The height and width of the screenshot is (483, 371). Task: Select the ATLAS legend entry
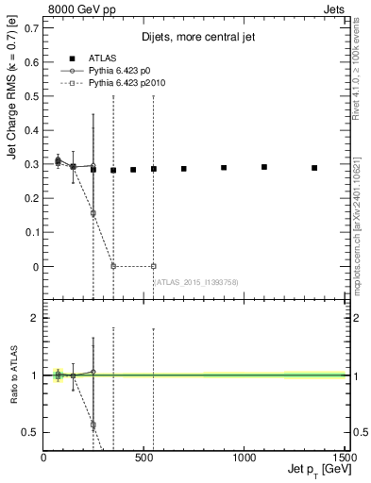[x=101, y=58]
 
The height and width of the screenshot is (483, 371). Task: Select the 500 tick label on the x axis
[x=143, y=458]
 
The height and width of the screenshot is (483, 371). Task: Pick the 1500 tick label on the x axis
[x=344, y=458]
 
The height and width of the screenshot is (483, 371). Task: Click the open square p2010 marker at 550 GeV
[x=153, y=266]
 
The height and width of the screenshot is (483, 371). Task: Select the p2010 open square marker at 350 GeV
[x=113, y=266]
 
